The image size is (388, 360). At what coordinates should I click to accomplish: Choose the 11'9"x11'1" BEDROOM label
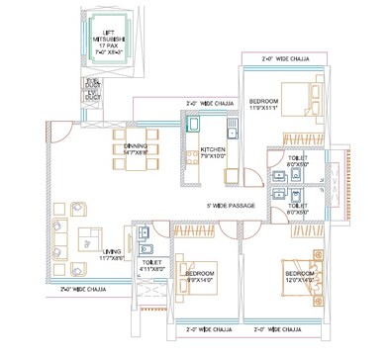pos(263,104)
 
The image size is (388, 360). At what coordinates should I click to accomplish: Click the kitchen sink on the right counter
pos(232,133)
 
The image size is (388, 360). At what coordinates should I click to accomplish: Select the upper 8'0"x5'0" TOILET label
pos(298,160)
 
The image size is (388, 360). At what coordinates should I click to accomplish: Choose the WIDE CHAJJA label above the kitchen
pos(211,102)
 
